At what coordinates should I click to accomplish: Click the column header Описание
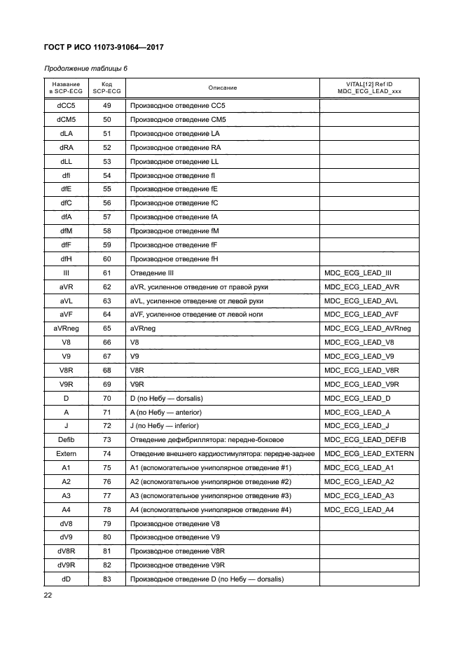pos(222,88)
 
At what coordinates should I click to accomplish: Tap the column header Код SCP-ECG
pos(106,88)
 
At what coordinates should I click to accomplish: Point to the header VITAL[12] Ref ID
pos(369,84)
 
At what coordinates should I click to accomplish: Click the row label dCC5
pos(66,106)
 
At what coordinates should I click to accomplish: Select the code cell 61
pos(107,273)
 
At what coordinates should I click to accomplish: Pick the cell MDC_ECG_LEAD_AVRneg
pos(368,328)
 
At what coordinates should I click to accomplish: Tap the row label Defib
pos(66,439)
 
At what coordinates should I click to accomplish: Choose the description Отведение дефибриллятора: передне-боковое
pos(207,439)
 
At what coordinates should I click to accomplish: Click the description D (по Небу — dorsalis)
pos(177,398)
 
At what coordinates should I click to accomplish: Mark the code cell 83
pos(107,579)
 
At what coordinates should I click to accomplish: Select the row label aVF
pos(66,315)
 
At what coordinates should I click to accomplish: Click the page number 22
pos(48,595)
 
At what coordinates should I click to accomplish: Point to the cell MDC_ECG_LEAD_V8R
pos(362,370)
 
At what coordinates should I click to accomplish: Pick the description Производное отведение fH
pos(174,258)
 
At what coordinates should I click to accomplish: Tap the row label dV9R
pos(66,565)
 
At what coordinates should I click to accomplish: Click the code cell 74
pos(107,453)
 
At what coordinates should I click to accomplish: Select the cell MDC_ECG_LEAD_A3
pos(359,495)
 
